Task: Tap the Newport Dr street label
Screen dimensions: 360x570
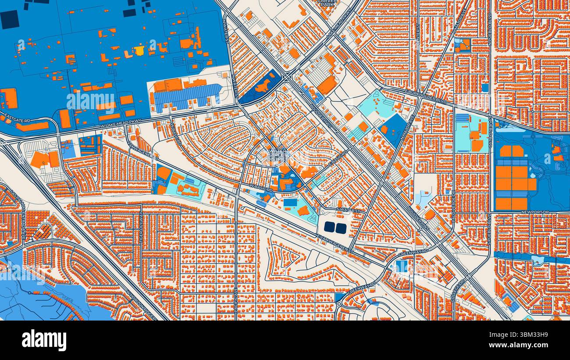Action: click(x=532, y=212)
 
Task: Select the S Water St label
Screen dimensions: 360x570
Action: click(x=349, y=211)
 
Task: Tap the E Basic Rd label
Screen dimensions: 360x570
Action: click(x=337, y=158)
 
